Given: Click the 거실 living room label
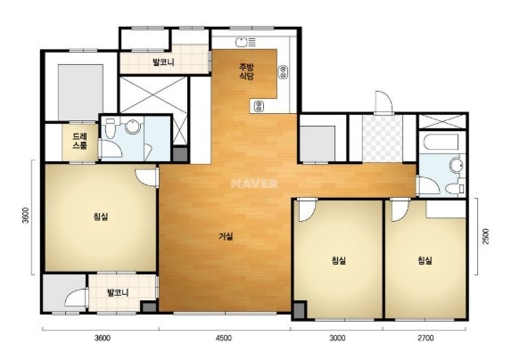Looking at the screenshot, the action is tap(226, 236).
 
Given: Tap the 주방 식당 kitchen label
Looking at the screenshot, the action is tap(246, 71).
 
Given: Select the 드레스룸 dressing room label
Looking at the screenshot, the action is tap(80, 142).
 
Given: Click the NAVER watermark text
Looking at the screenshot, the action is tap(254, 184).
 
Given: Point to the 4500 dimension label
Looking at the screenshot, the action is tap(224, 338).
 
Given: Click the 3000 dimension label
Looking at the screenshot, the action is tap(337, 338).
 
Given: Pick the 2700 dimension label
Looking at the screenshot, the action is tap(425, 338).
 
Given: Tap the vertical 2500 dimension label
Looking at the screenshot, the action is tap(485, 236).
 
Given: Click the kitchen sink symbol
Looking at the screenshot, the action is tap(241, 43).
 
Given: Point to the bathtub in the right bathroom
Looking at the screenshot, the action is tap(441, 143).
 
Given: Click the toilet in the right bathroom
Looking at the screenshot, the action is tap(455, 188).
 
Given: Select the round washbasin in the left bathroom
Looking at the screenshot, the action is tap(134, 127).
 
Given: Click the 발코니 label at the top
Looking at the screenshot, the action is tap(163, 61).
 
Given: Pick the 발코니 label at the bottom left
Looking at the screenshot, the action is tap(118, 292).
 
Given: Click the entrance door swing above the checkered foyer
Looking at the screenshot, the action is tap(384, 102).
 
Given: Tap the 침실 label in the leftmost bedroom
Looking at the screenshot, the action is tap(101, 217).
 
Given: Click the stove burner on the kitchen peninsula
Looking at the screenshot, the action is tap(259, 106).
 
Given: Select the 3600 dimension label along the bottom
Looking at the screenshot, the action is tap(102, 338).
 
